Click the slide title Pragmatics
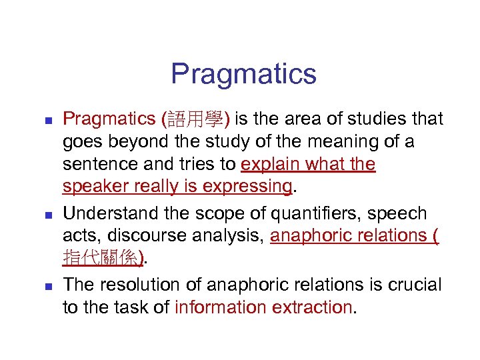pyautogui.click(x=243, y=73)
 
